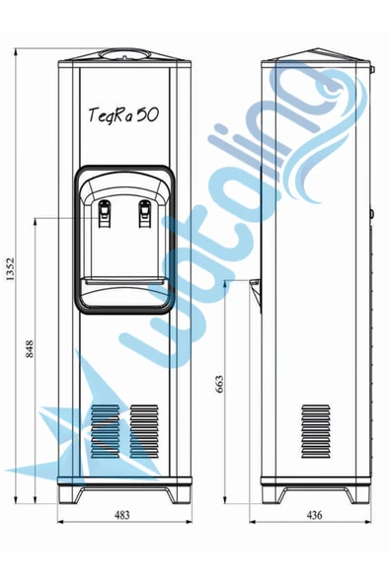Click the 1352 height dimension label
(10, 269)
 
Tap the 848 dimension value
(30, 348)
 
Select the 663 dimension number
(219, 384)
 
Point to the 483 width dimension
(121, 515)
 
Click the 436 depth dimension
(314, 515)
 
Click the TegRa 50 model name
(123, 114)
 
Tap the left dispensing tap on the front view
(105, 213)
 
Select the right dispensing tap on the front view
(145, 213)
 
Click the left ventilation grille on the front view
(105, 432)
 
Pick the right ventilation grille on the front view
(144, 432)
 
